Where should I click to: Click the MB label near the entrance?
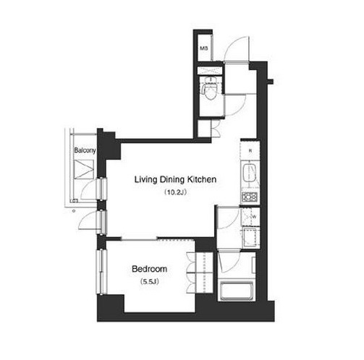[204, 48]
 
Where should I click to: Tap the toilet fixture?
[210, 89]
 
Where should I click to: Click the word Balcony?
[85, 150]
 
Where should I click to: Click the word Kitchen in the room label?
[202, 179]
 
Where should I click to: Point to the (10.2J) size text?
[175, 192]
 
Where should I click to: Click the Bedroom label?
[150, 269]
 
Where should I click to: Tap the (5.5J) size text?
[150, 282]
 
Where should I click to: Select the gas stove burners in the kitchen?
[250, 197]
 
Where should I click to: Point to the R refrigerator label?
[250, 151]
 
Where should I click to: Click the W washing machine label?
[254, 217]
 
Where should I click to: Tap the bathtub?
[236, 291]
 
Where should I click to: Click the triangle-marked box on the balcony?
[83, 169]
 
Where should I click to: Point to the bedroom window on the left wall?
[101, 272]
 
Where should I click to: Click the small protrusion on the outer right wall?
[270, 82]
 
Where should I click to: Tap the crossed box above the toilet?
[209, 71]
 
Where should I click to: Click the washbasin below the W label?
[250, 237]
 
